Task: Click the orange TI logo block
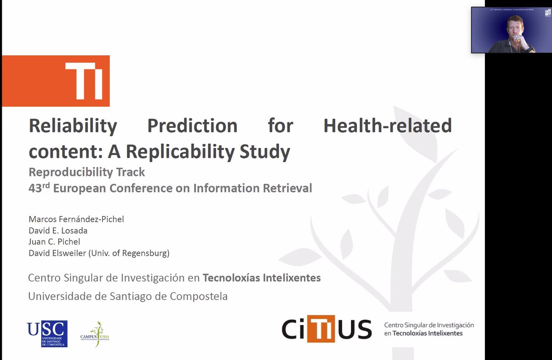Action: coord(56,81)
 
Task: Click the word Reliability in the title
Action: coord(73,126)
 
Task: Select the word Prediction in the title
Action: coord(192,126)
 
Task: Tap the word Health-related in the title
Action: coord(387,126)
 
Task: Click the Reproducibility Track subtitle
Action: coord(86,172)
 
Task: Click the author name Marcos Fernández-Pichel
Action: coord(76,219)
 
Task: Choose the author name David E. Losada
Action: coord(58,230)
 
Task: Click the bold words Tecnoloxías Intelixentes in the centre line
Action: coord(262,278)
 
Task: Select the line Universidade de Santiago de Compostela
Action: coord(128,297)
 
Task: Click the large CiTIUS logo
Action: coord(327,329)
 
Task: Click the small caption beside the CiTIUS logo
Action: coord(429,329)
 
